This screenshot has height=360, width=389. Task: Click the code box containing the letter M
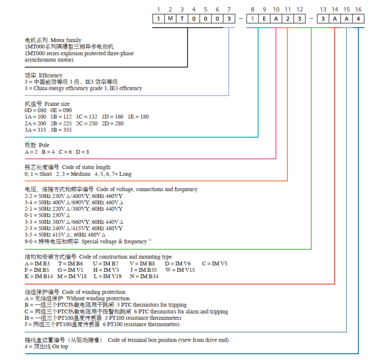tap(170, 19)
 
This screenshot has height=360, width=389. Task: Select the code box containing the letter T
tap(182, 19)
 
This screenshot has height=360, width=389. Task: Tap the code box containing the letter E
tap(264, 19)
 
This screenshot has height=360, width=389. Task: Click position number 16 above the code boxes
tap(358, 9)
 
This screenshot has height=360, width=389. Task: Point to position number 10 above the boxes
tap(276, 9)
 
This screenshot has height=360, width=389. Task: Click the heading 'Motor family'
tap(66, 40)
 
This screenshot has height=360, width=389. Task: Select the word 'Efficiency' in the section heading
tap(51, 75)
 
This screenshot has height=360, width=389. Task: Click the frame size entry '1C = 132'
tap(86, 117)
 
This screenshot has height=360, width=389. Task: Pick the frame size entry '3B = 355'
tap(61, 130)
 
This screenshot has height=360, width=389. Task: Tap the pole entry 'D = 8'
tap(82, 152)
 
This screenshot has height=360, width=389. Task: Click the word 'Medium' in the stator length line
tap(80, 174)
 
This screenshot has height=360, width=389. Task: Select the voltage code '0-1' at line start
tap(28, 215)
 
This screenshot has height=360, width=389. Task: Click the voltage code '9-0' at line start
tap(28, 242)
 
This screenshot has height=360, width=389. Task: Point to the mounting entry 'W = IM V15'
tap(180, 270)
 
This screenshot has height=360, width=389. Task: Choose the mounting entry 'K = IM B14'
tap(39, 276)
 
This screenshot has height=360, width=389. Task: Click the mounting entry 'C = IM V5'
tap(215, 264)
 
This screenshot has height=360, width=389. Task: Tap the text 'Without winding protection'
tap(98, 298)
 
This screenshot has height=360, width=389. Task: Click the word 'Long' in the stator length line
tap(125, 174)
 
